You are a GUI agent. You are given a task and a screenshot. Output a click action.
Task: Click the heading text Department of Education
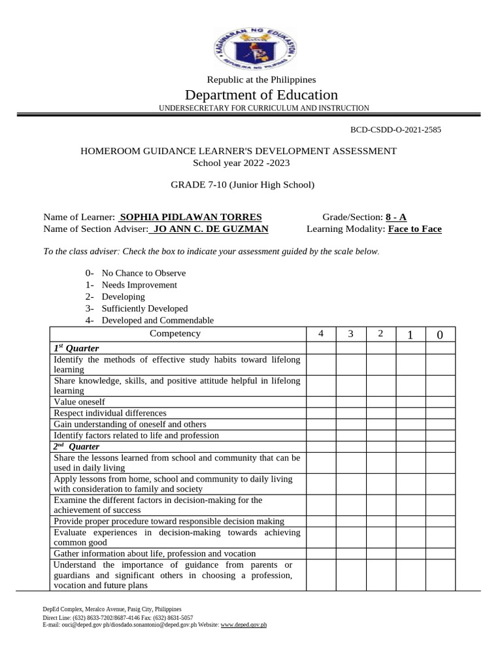pyautogui.click(x=261, y=95)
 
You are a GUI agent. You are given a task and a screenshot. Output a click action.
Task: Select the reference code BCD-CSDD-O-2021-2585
pyautogui.click(x=396, y=129)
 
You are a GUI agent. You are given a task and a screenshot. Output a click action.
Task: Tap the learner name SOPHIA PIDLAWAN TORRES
pyautogui.click(x=190, y=217)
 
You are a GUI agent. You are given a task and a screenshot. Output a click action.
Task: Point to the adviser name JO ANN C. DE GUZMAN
pyautogui.click(x=209, y=229)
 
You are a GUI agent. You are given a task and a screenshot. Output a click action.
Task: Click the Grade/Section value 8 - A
pyautogui.click(x=395, y=217)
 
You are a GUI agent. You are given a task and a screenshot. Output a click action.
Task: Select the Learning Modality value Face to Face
pyautogui.click(x=414, y=229)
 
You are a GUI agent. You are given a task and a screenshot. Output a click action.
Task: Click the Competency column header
pyautogui.click(x=175, y=334)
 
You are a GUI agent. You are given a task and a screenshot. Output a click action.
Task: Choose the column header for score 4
pyautogui.click(x=321, y=334)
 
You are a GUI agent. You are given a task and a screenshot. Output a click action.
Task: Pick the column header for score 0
pyautogui.click(x=440, y=335)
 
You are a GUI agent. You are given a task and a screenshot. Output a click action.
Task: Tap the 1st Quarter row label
pyautogui.click(x=76, y=348)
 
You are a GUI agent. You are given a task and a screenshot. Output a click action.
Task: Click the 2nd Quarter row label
pyautogui.click(x=76, y=446)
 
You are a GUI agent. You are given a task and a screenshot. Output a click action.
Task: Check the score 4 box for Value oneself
pyautogui.click(x=321, y=402)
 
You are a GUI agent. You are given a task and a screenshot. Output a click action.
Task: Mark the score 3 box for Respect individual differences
pyautogui.click(x=351, y=413)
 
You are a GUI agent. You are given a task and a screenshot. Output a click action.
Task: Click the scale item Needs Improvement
pyautogui.click(x=139, y=285)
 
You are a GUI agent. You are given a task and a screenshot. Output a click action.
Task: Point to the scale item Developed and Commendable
pyautogui.click(x=157, y=320)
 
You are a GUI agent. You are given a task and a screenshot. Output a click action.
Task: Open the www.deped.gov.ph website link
pyautogui.click(x=244, y=625)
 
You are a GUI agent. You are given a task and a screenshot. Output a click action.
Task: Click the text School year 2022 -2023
pyautogui.click(x=241, y=163)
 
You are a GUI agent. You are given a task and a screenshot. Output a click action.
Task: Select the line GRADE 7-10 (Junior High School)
pyautogui.click(x=243, y=185)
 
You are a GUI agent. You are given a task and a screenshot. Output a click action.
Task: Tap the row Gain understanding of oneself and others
pyautogui.click(x=130, y=424)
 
